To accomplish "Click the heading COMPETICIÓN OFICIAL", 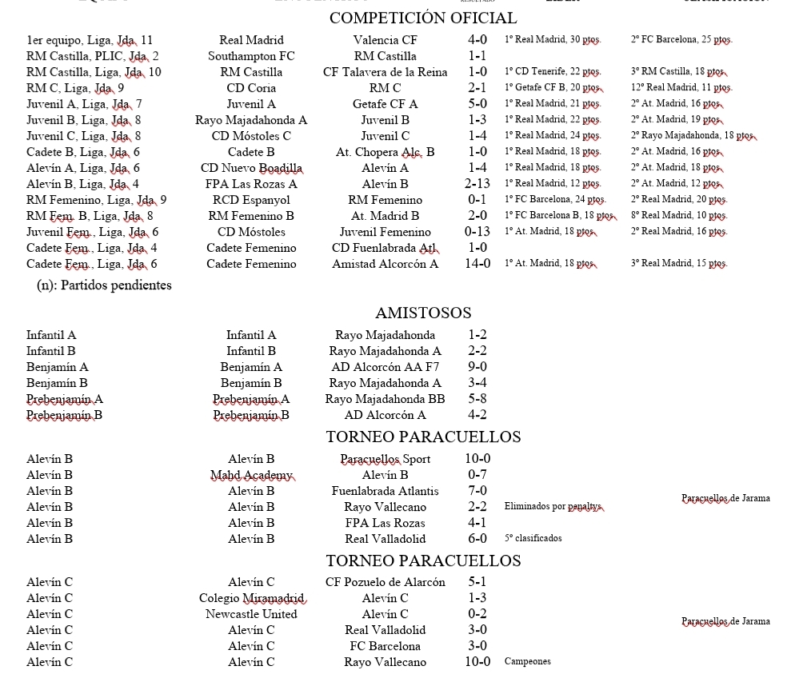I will (x=423, y=18).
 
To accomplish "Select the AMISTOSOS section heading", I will (x=423, y=313).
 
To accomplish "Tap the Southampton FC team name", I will (x=251, y=56).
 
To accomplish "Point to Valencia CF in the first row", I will (x=385, y=40).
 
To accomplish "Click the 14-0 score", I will (x=477, y=264).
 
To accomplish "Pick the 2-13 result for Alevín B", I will (x=477, y=184).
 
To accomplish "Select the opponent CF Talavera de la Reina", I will (x=385, y=72).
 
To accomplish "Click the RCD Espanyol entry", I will (x=251, y=200).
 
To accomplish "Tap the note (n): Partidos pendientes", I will (x=104, y=285).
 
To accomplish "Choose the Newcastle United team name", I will (x=251, y=614).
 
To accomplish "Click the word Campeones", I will (x=527, y=662).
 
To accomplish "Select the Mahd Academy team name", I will (x=251, y=475).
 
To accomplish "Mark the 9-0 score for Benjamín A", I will (x=477, y=367).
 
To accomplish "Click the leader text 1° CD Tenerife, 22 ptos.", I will (x=553, y=72).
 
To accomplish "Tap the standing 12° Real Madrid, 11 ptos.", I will (x=681, y=88).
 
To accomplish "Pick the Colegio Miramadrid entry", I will (x=251, y=598).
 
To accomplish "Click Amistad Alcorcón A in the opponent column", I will (x=385, y=264).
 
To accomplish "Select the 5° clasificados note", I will (x=533, y=539).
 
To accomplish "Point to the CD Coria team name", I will (x=251, y=88).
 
